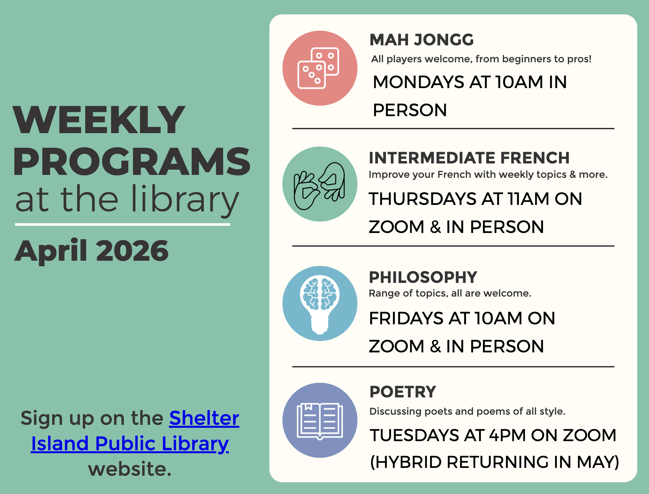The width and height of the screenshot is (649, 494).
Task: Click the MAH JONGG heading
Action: click(x=421, y=40)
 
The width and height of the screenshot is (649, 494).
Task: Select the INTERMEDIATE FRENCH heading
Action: click(x=469, y=158)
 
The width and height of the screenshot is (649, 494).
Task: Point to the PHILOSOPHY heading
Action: click(x=423, y=277)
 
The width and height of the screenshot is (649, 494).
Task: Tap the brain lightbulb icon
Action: click(x=320, y=303)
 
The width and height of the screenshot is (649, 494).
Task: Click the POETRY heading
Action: click(x=402, y=392)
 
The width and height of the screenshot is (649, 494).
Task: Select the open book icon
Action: click(x=320, y=421)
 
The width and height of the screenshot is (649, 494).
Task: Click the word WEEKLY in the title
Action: click(x=99, y=120)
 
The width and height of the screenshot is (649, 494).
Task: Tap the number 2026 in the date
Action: click(x=132, y=251)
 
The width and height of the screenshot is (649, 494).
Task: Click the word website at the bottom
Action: click(x=129, y=469)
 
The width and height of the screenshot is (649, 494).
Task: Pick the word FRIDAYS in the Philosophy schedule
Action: click(x=406, y=318)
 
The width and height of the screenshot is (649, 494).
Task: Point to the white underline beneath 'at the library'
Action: click(x=123, y=224)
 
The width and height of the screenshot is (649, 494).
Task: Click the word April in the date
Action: click(x=51, y=251)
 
